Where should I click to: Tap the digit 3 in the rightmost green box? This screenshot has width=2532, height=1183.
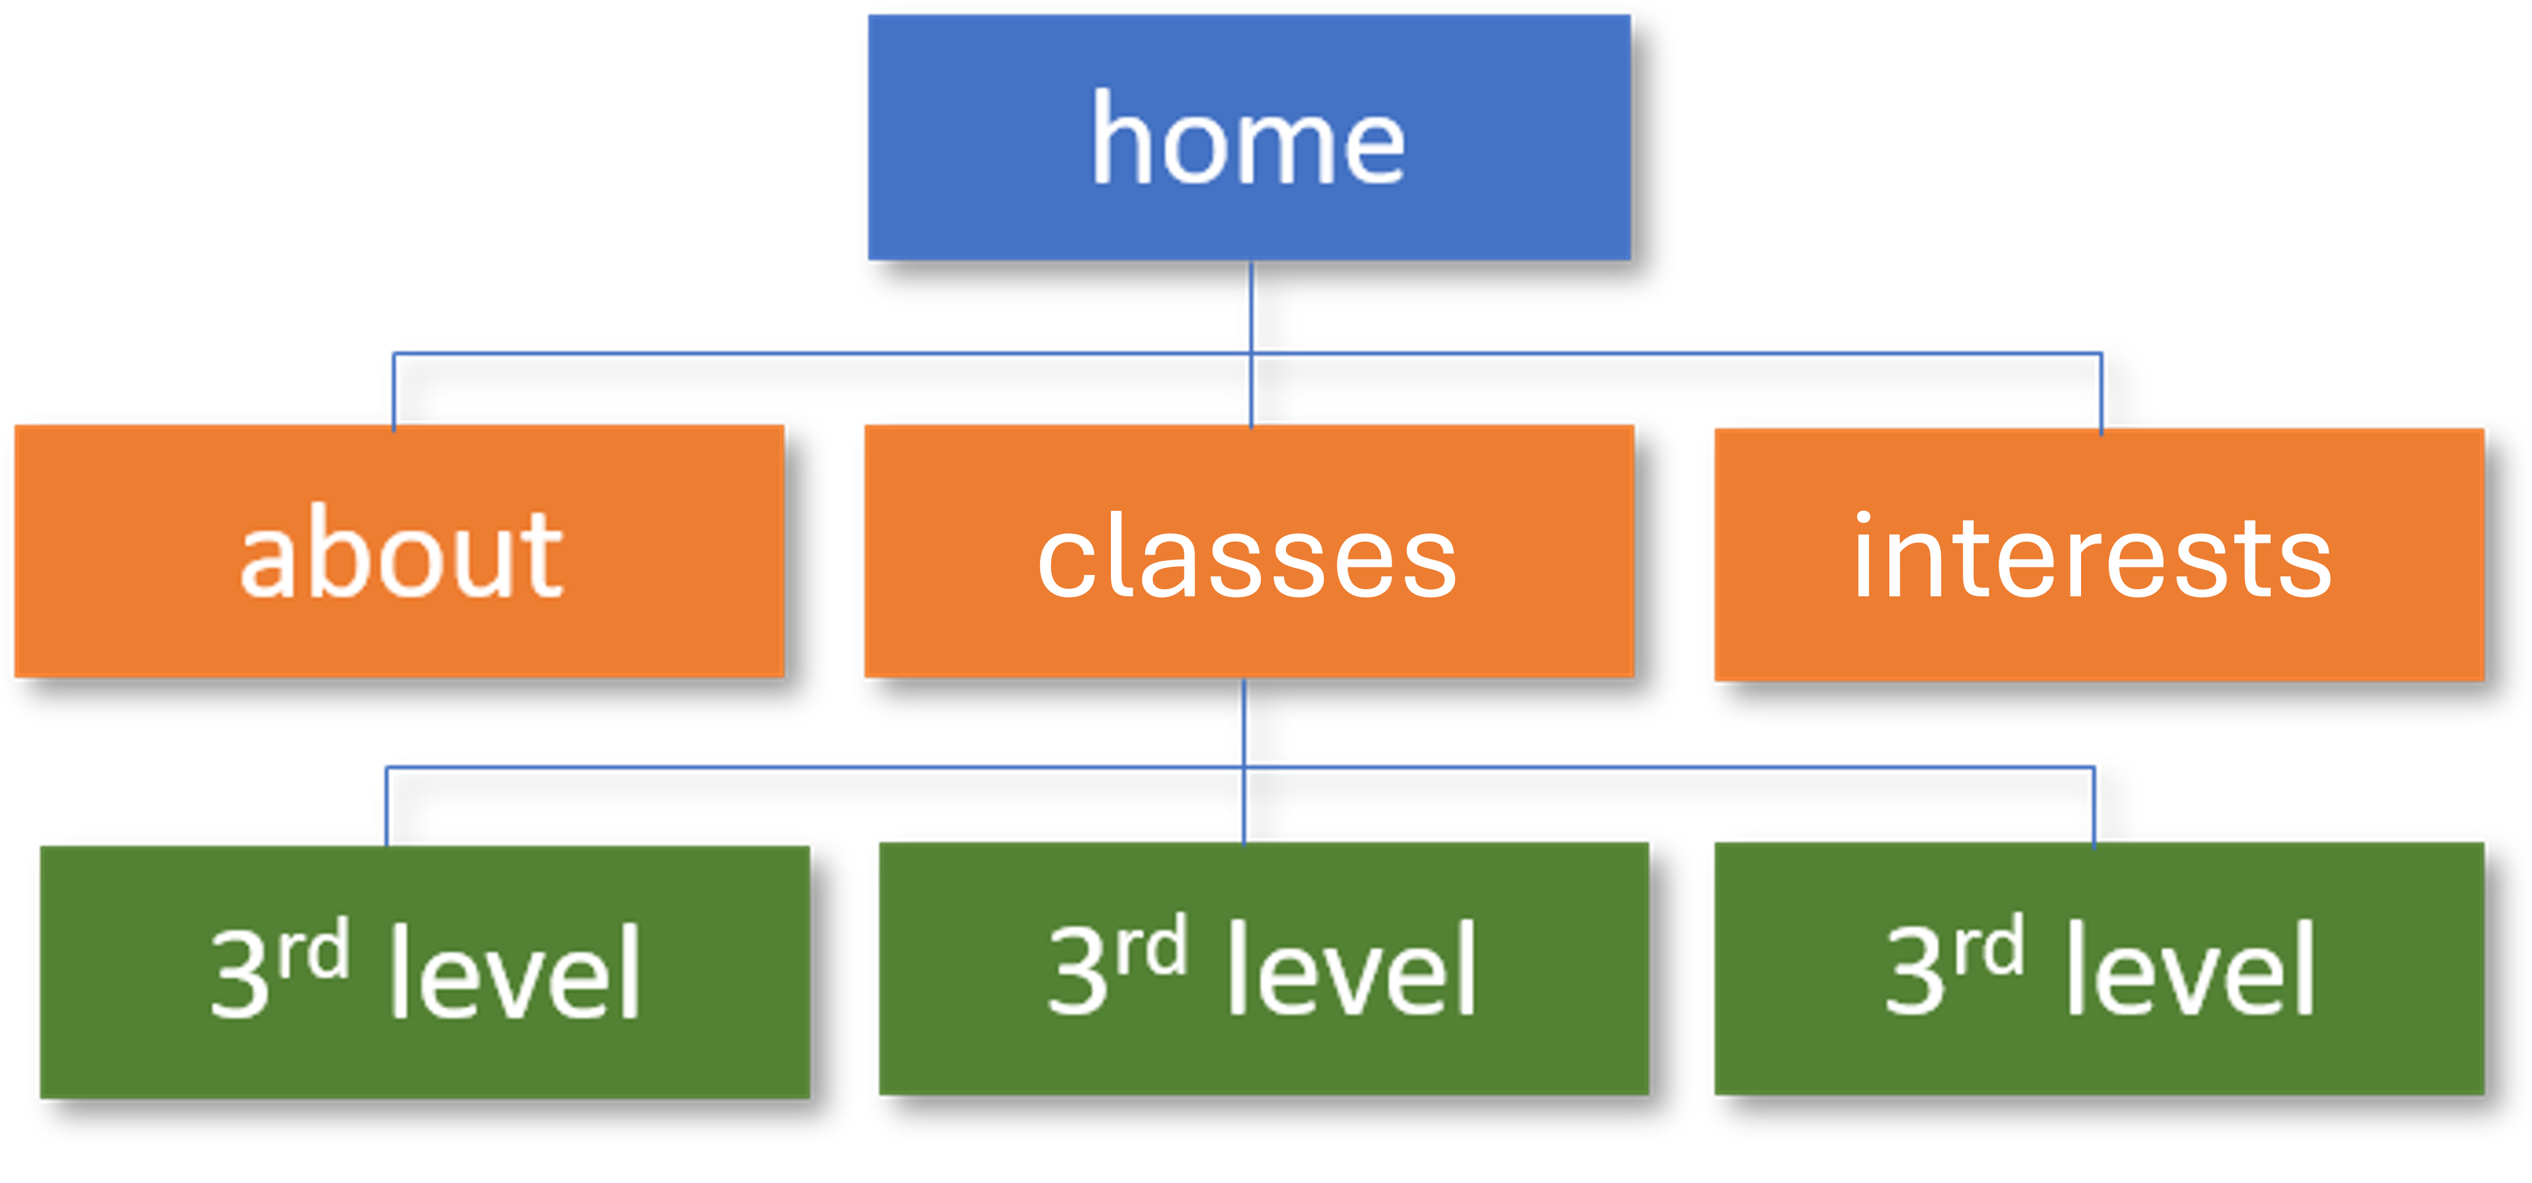coord(1914,970)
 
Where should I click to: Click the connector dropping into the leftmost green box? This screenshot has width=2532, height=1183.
coord(386,805)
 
